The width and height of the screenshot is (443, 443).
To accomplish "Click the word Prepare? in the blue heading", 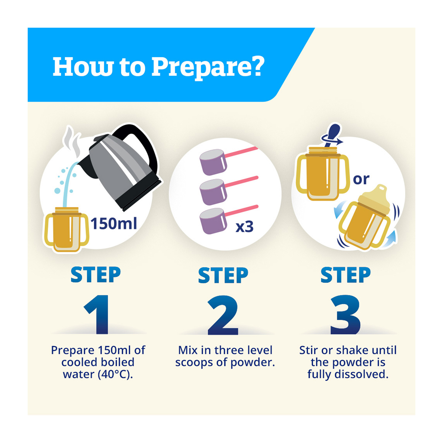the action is click(x=208, y=67).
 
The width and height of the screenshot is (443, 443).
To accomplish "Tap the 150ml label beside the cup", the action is click(x=114, y=224).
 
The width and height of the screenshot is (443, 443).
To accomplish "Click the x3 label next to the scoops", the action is click(x=244, y=227).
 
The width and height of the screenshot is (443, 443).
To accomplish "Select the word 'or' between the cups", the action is click(x=361, y=179).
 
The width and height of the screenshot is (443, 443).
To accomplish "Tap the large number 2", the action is click(x=223, y=315).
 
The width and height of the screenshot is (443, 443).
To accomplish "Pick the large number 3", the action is click(x=346, y=315).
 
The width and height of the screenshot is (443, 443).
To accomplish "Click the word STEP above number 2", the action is click(x=223, y=275).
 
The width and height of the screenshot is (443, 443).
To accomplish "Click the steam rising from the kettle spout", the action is click(x=73, y=141).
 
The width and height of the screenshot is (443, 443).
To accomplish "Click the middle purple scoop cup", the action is click(x=213, y=192).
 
